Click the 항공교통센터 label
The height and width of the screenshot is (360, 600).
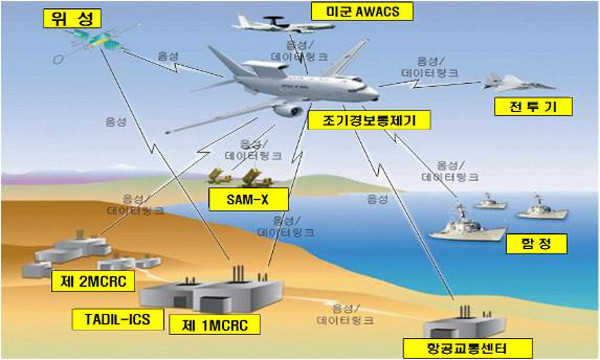click(459, 347)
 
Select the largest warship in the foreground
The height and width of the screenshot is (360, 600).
click(469, 226)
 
